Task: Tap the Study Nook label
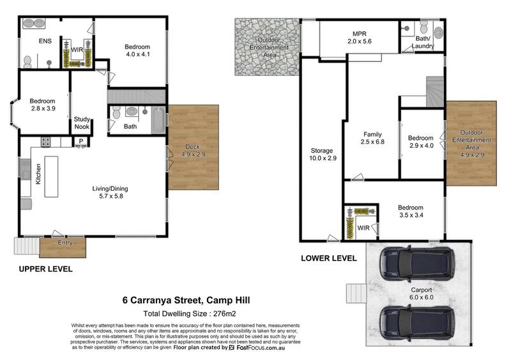pos(82,123)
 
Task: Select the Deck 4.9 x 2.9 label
pos(192,151)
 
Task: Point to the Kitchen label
pos(38,174)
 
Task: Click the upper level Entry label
pos(65,243)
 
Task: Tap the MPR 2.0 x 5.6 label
pos(359,37)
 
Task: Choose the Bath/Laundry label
pos(422,43)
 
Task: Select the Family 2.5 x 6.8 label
pos(372,139)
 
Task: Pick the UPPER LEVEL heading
pos(45,269)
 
